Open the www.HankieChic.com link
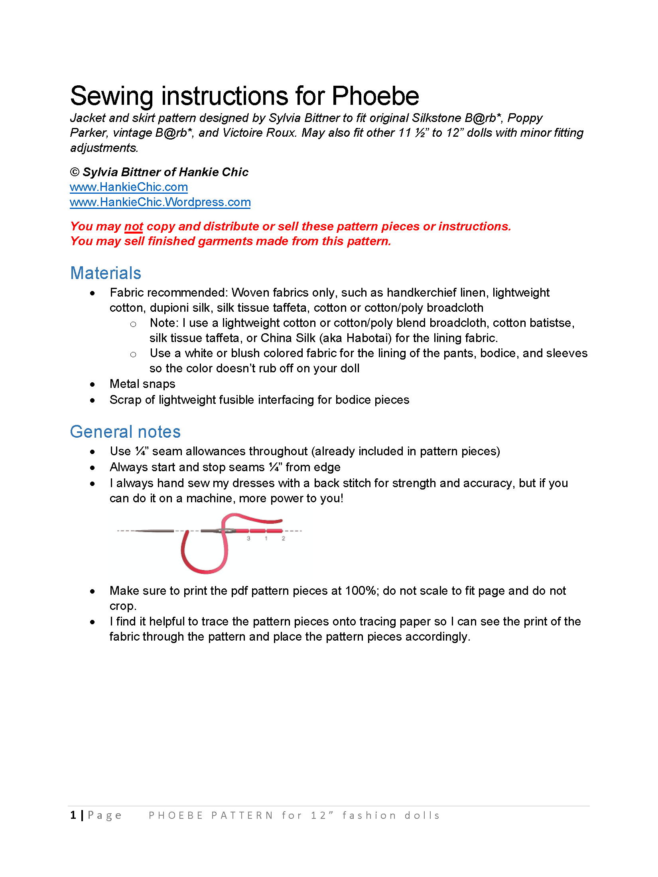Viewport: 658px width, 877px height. coord(128,187)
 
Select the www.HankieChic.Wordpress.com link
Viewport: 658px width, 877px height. coord(160,202)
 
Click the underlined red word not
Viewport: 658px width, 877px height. coord(134,226)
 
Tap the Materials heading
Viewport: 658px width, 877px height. coord(106,273)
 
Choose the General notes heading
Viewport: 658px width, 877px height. coord(125,432)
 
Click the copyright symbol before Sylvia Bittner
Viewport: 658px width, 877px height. coord(75,172)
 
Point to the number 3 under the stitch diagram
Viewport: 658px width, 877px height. coord(248,538)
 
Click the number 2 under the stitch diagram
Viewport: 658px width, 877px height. coord(283,538)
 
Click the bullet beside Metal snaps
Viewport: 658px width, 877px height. coord(93,384)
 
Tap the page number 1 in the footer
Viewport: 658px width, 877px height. coord(73,815)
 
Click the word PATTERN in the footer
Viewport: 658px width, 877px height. coord(242,816)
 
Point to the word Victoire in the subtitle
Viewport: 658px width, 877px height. coord(242,133)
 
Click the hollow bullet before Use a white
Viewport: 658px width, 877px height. coord(133,354)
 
